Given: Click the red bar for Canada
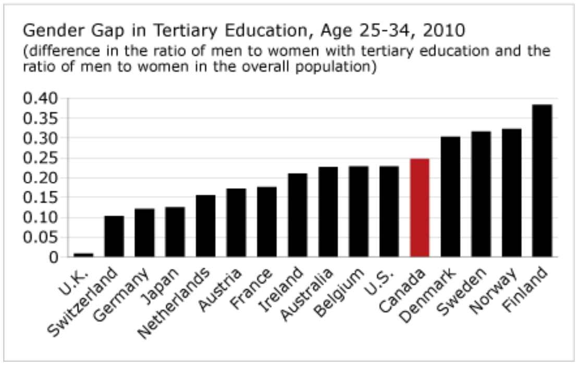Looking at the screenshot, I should coord(420,208).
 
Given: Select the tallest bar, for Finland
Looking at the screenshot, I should coord(542,180).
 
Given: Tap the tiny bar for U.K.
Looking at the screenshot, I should coord(83,255).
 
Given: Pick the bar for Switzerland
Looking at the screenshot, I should coord(114,236).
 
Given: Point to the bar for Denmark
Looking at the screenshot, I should coord(450,197).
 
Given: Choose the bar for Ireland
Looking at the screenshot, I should coord(297,215).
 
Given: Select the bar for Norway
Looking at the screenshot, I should coord(511,192).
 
